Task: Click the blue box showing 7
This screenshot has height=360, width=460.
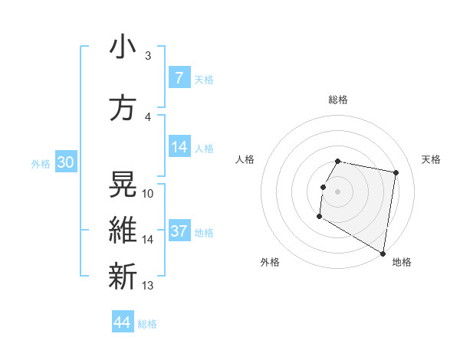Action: click(179, 78)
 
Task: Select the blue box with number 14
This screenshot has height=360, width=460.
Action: click(179, 147)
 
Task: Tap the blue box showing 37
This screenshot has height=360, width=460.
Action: click(179, 231)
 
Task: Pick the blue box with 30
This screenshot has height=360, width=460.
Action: click(65, 162)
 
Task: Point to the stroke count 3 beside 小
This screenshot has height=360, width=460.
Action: click(147, 56)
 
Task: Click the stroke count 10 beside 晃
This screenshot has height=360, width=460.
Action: click(148, 194)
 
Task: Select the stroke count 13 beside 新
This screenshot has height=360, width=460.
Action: click(148, 286)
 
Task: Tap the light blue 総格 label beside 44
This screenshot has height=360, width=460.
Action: click(147, 324)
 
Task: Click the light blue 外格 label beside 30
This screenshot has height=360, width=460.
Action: click(41, 163)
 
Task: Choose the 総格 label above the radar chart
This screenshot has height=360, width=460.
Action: click(337, 100)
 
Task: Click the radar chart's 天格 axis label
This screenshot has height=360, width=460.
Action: click(432, 159)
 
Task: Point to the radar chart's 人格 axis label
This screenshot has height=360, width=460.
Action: click(245, 159)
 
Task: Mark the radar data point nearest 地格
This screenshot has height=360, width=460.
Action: click(383, 254)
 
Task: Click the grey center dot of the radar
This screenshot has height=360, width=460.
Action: click(337, 191)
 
